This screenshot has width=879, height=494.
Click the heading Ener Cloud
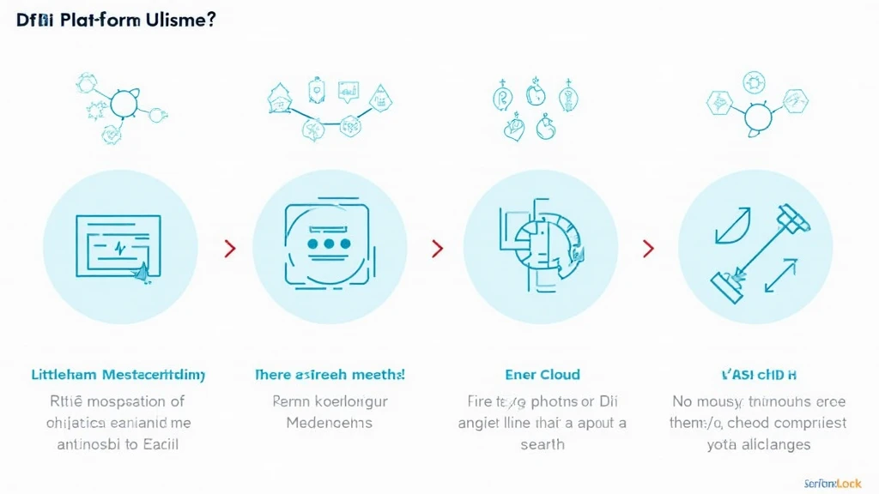pos(543,375)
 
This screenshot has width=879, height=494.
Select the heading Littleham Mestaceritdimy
pos(118,375)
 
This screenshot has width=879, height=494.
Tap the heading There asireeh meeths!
pos(330,375)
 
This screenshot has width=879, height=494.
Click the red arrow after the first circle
pos(229,249)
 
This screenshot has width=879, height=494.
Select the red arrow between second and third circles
pos(438,249)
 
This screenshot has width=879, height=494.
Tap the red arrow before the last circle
pos(648,249)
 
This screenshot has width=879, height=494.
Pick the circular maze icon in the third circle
pos(541,244)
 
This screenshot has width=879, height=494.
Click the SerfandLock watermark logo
pos(833,482)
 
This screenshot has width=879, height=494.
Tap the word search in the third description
pos(543,443)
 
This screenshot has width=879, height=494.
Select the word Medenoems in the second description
pos(330,423)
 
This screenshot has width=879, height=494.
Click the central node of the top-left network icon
pos(124,104)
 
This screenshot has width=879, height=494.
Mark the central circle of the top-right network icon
pos(756,116)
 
